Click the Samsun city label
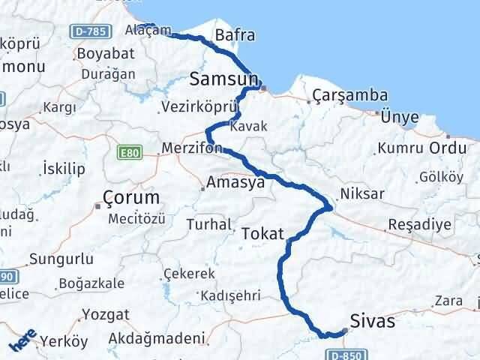click(x=224, y=78)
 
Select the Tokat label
click(x=262, y=235)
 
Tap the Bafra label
click(x=235, y=34)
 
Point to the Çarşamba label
click(x=350, y=95)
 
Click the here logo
click(x=24, y=342)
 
